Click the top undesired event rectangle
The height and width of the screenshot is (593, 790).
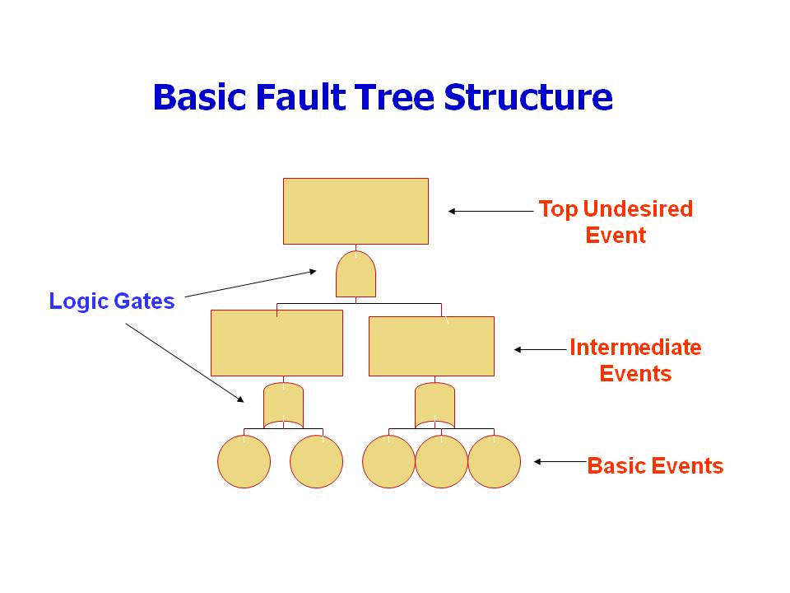pos(355,211)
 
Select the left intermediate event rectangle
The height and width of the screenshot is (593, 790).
pos(276,343)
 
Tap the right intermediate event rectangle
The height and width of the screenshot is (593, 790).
pos(431,346)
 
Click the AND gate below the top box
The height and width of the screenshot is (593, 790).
pos(355,275)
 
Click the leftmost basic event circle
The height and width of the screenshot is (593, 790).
pos(244,461)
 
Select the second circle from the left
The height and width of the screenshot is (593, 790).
pos(316,461)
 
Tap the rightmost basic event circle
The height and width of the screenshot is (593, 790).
pos(494,461)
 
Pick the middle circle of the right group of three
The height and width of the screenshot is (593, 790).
pos(441,461)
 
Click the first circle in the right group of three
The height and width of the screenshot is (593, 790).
pos(388,461)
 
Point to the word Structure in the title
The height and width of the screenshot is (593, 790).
pos(528,97)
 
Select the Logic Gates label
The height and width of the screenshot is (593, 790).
pos(112,301)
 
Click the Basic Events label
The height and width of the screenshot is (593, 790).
pos(655,466)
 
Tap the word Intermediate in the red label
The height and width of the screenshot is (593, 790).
pos(635,348)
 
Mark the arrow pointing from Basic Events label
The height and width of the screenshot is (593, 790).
pos(560,462)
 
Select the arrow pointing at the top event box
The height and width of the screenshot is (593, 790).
pos(490,211)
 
